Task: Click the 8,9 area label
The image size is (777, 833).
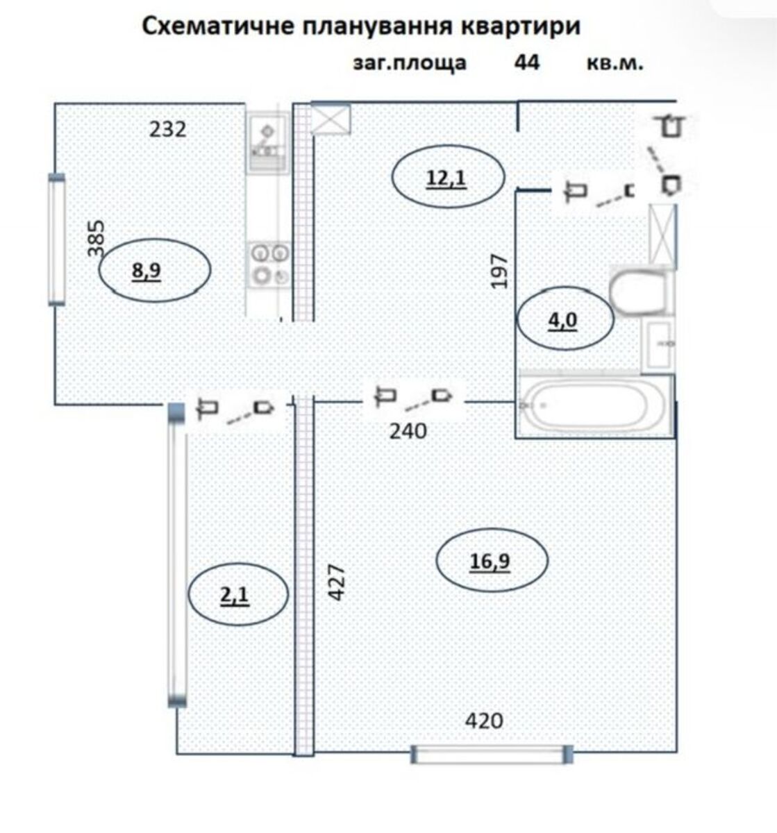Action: tap(146, 271)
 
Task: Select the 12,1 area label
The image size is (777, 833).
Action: tap(446, 178)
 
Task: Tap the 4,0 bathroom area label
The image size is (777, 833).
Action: tap(562, 321)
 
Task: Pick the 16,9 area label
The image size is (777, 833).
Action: tap(490, 561)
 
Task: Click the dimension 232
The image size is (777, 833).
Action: tap(167, 129)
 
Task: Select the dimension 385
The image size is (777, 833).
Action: tap(96, 238)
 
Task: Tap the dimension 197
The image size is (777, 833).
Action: tap(499, 271)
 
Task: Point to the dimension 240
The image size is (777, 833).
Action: tap(408, 431)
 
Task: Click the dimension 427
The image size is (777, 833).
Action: tap(336, 583)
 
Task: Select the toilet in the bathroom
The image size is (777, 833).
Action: tap(640, 291)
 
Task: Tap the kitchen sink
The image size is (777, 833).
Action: tap(268, 142)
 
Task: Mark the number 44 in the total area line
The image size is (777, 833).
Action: tap(527, 63)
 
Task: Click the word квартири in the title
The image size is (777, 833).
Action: tap(521, 26)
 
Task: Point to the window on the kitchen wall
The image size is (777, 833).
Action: tap(57, 239)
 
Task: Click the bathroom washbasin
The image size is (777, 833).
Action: tap(658, 344)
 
